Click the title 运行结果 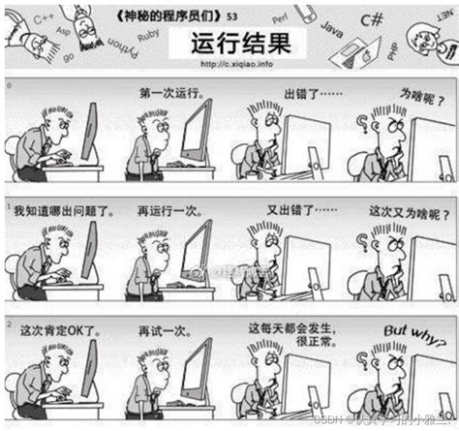tap(229, 44)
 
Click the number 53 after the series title tap(233, 15)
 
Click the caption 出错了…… tap(312, 95)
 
